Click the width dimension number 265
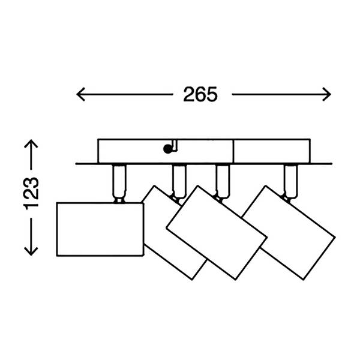(200, 94)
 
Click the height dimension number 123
(31, 193)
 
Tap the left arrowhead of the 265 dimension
(80, 94)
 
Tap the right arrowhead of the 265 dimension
(326, 94)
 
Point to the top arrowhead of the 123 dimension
(31, 143)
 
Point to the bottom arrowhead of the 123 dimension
(31, 251)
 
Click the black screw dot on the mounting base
(168, 149)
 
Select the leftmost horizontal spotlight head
(100, 229)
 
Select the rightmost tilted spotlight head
(289, 233)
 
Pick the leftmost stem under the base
(119, 181)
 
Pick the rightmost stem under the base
(290, 181)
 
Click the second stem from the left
(179, 181)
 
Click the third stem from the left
(222, 181)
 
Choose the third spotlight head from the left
(217, 232)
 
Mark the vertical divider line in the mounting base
(233, 151)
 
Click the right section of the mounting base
(272, 151)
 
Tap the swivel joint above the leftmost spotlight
(119, 200)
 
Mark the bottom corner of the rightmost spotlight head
(304, 280)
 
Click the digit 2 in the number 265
(189, 94)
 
